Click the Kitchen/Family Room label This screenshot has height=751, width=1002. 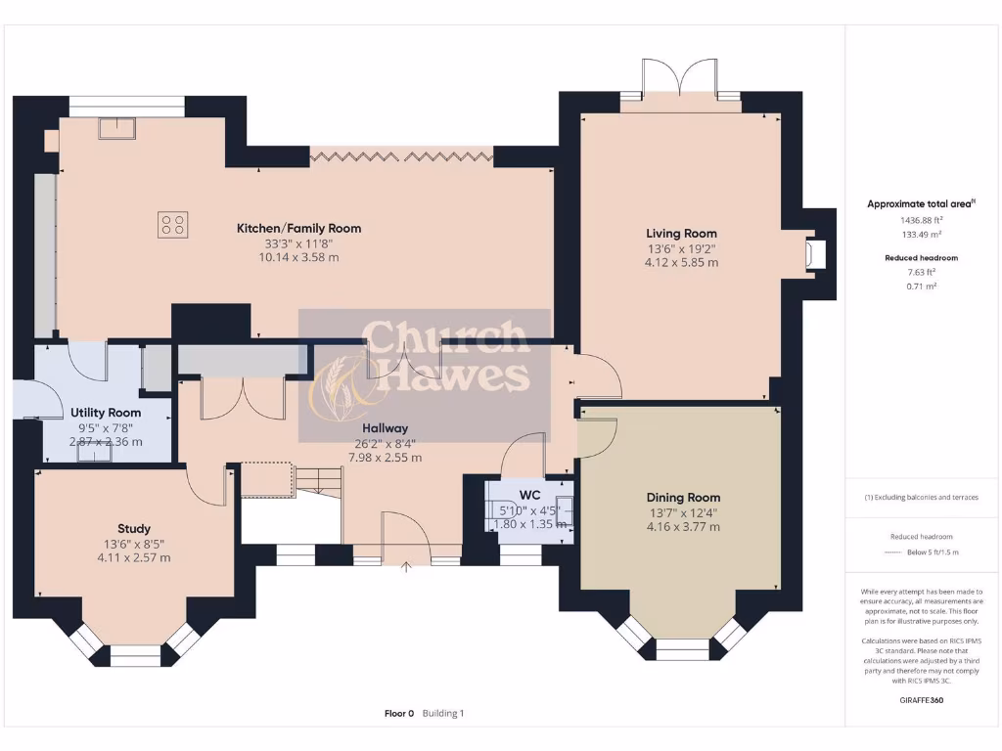[298, 228]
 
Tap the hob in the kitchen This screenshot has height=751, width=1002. [172, 225]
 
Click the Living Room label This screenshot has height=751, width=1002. [681, 233]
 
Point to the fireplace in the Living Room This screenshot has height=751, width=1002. [813, 255]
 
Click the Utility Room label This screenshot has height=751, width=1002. [106, 413]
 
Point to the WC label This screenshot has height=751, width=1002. [530, 495]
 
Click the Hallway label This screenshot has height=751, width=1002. [385, 428]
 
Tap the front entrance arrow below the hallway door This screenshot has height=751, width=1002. [407, 564]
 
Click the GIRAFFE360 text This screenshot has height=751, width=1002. [921, 700]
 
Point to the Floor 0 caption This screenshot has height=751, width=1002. [399, 714]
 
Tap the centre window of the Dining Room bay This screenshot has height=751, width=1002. [681, 648]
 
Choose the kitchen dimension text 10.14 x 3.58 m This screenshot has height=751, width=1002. [298, 257]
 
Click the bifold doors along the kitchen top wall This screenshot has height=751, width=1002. [401, 155]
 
